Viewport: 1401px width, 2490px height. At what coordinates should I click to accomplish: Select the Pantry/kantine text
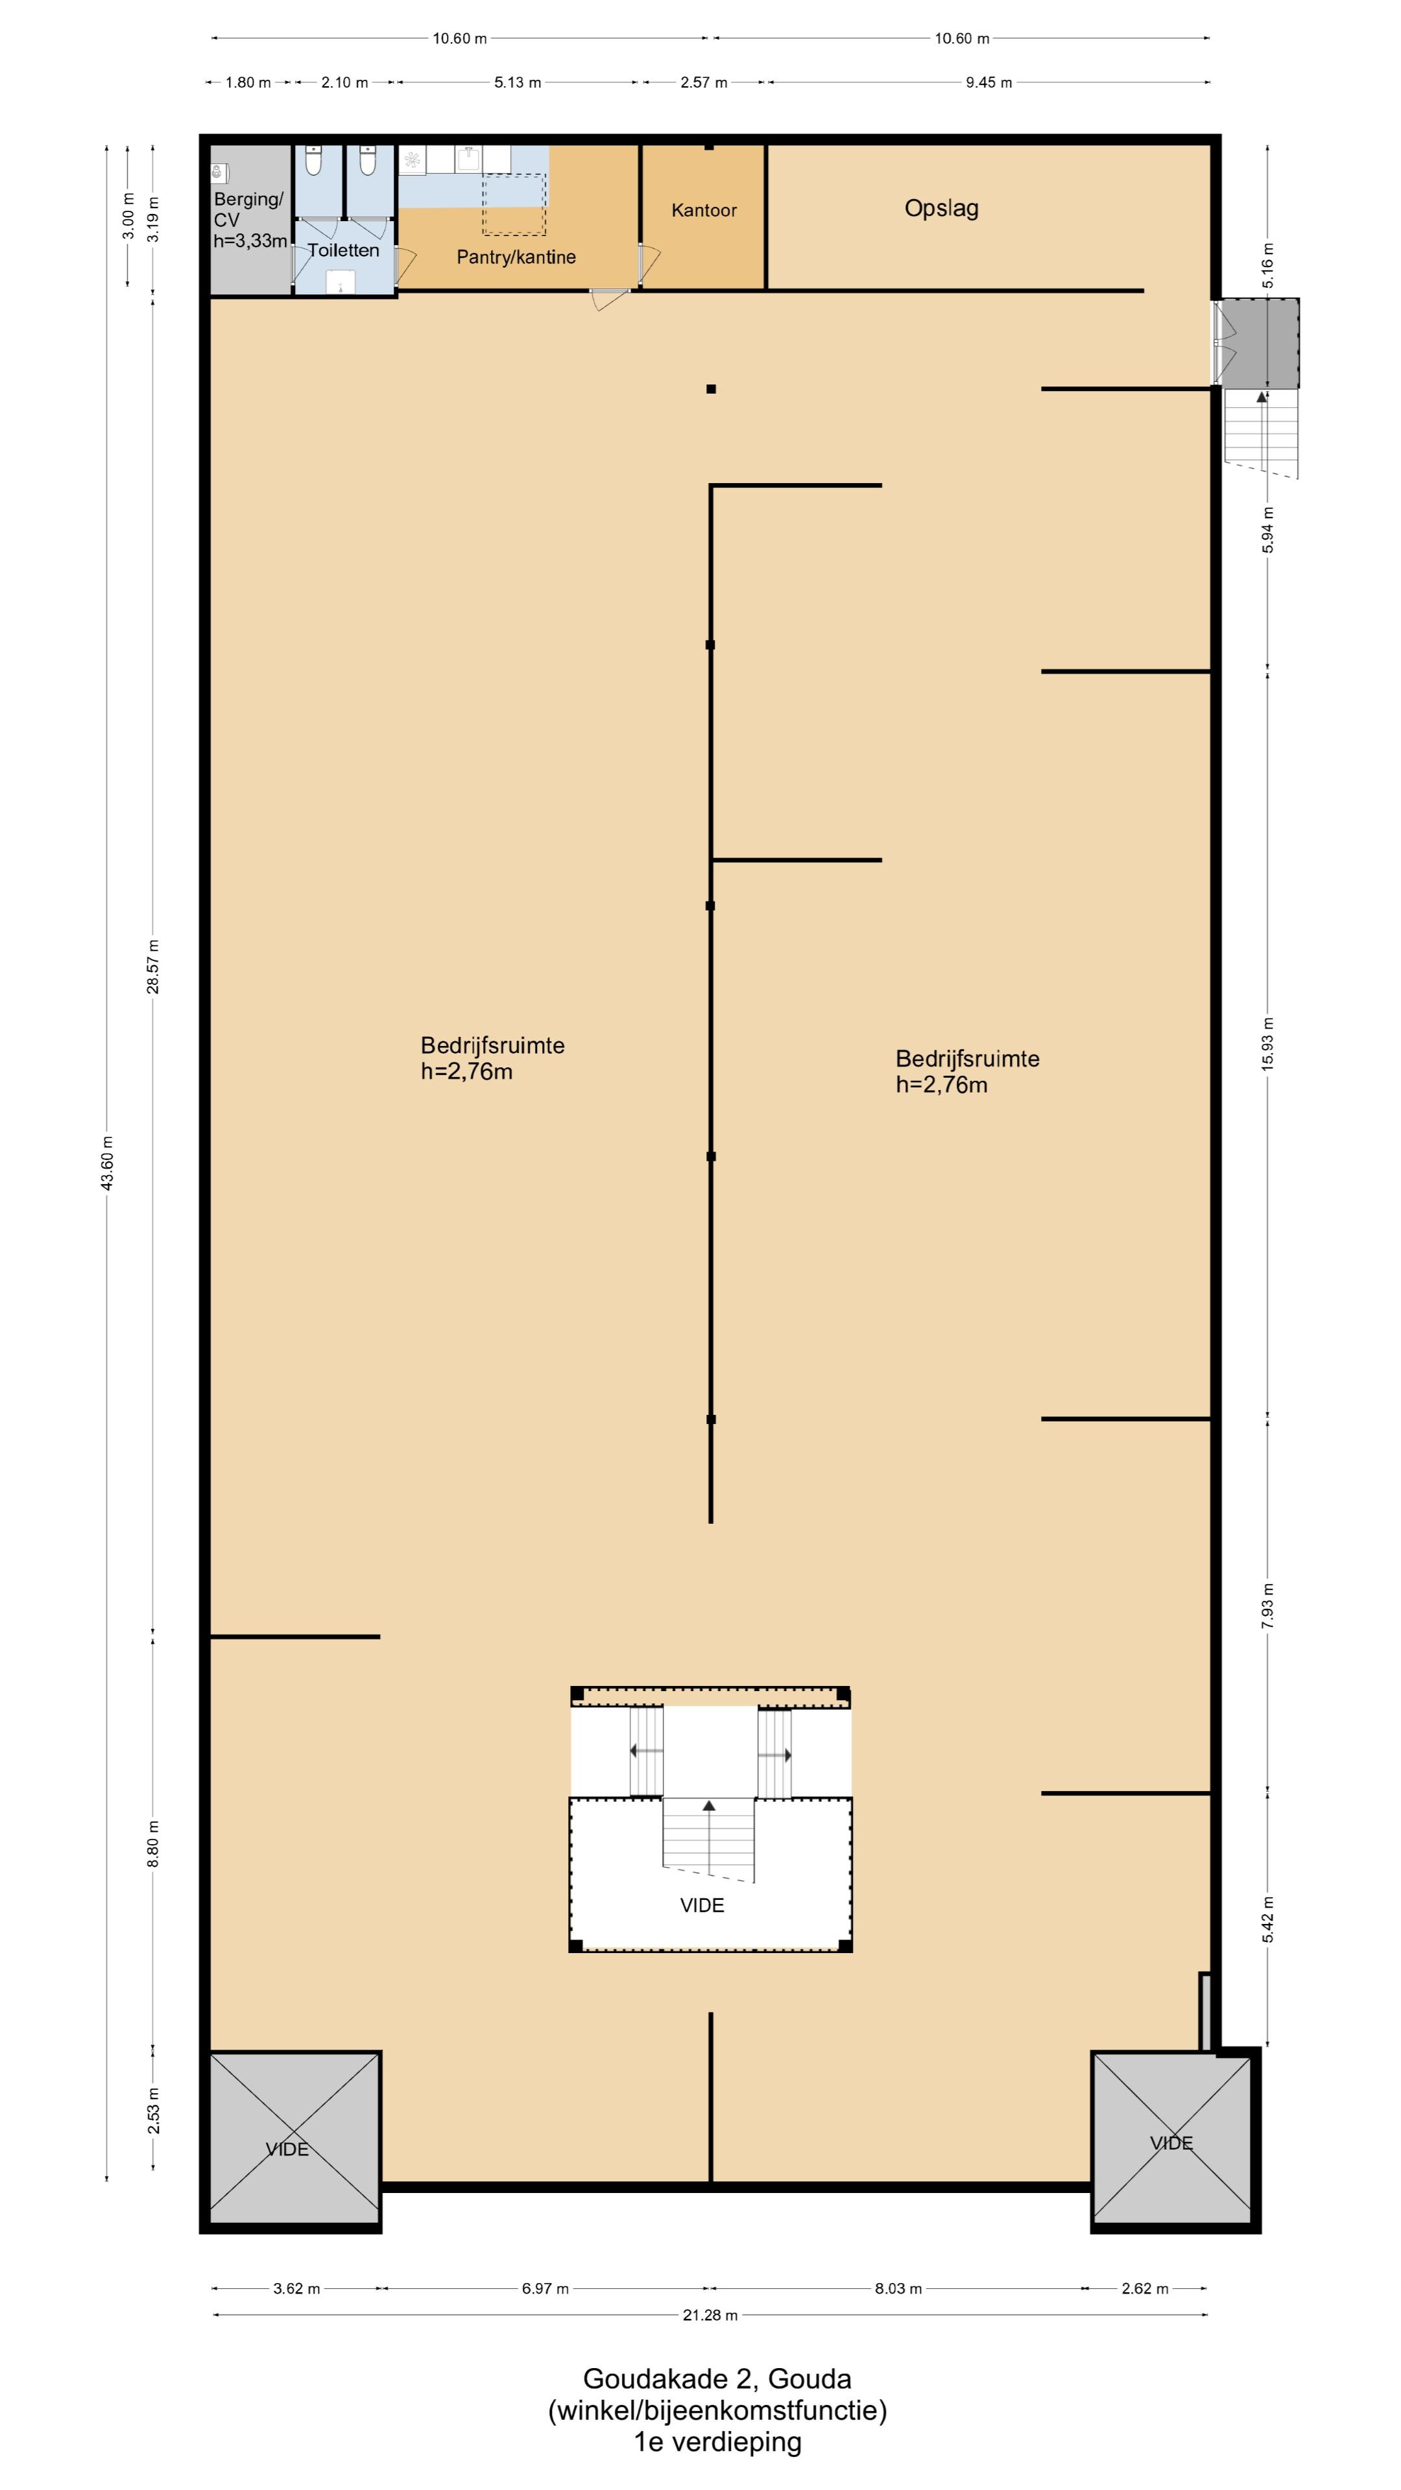tap(516, 257)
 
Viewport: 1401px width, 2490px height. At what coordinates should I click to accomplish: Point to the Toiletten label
tap(343, 250)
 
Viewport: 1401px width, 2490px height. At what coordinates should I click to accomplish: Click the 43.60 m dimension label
tap(107, 1163)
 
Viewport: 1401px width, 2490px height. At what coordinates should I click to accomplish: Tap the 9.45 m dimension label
tap(988, 82)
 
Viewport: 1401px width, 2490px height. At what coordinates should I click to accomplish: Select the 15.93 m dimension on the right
tap(1267, 1043)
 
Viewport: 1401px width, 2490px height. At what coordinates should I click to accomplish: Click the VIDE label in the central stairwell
tap(702, 1905)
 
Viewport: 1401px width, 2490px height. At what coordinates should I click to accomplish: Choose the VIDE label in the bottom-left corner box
tap(287, 2149)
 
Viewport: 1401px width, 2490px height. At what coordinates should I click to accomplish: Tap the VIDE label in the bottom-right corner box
tap(1171, 2143)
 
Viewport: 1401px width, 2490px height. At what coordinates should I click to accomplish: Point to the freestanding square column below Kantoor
tap(711, 390)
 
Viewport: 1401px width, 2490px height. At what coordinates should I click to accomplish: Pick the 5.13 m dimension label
tap(518, 82)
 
